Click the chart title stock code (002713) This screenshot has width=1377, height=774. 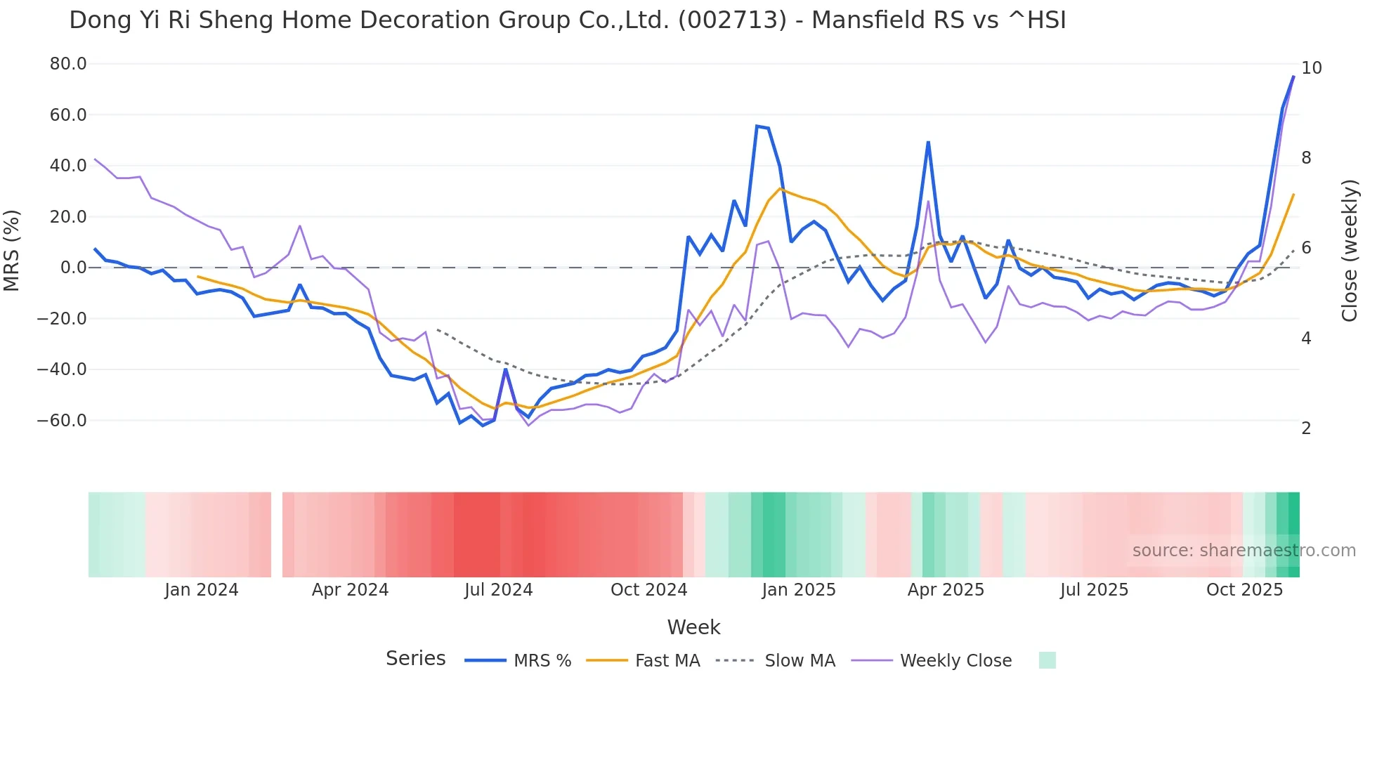pos(732,20)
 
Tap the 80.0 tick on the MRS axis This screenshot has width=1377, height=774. pos(68,64)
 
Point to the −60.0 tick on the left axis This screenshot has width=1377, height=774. pos(62,421)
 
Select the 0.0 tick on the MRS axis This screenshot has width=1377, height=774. pos(74,268)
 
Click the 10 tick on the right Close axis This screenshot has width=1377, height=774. pos(1311,68)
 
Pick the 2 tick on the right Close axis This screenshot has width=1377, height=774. pos(1306,428)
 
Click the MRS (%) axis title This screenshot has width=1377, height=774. pos(11,250)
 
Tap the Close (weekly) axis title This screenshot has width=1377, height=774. pos(1349,251)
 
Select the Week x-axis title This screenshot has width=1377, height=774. pos(693,627)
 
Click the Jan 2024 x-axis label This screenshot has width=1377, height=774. pos(202,590)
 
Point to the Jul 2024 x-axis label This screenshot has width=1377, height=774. pos(498,590)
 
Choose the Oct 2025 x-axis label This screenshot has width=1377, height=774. pos(1244,590)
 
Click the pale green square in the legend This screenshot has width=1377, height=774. pos(1047,660)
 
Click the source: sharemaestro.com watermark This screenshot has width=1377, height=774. pos(1244,551)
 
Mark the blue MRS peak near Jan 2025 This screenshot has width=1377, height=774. pos(757,126)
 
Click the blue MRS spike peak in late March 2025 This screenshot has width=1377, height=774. pos(928,143)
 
